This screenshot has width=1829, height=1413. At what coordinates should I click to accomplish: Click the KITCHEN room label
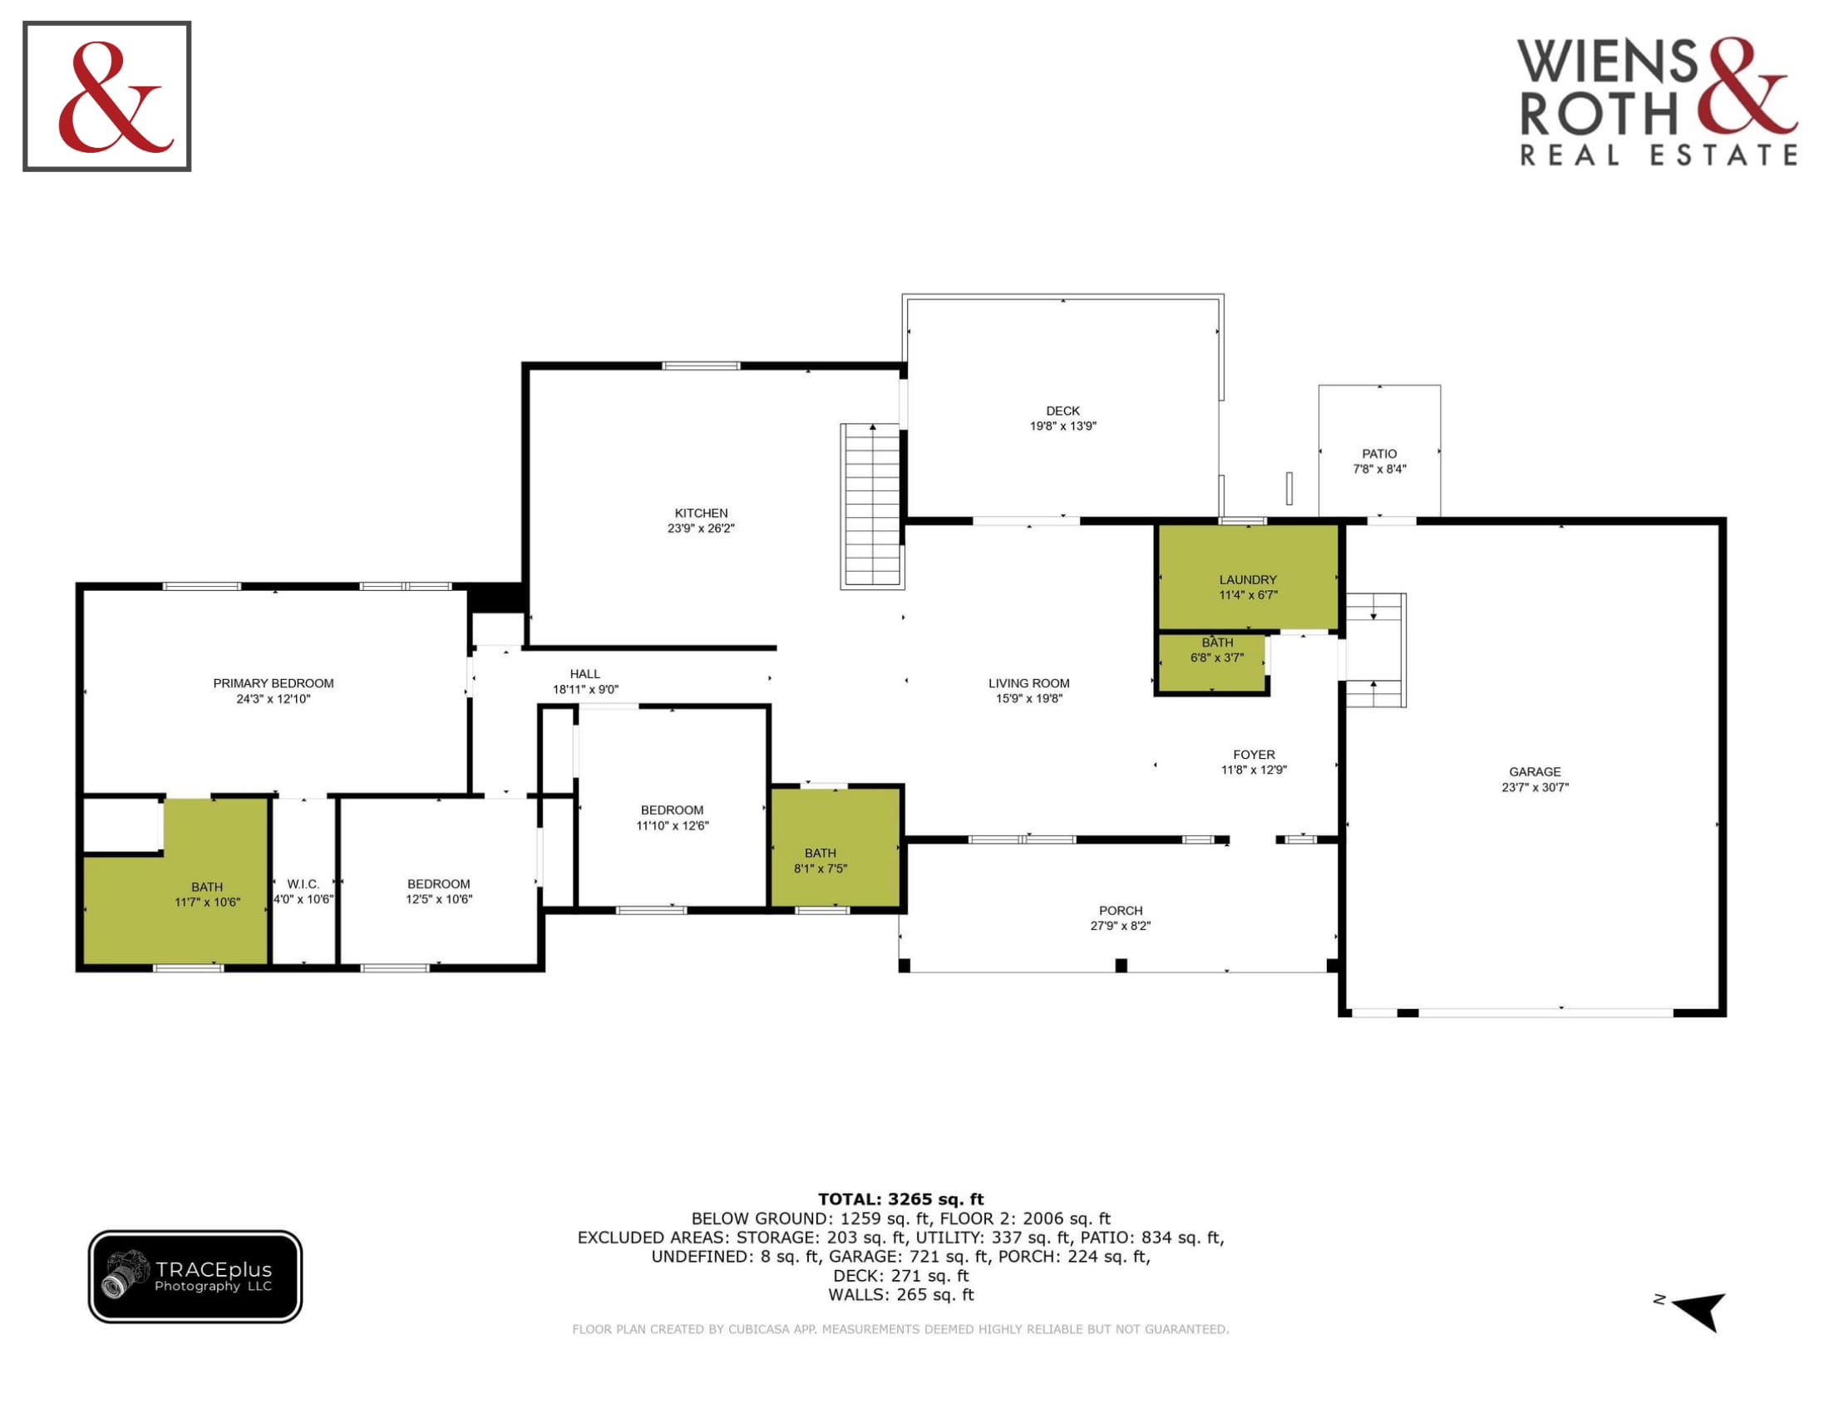(x=701, y=513)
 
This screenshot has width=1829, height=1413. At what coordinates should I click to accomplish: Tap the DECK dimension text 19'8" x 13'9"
(x=1062, y=426)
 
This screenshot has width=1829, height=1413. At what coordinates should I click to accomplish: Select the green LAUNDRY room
(x=1248, y=577)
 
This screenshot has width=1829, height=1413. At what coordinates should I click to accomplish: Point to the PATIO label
(x=1379, y=454)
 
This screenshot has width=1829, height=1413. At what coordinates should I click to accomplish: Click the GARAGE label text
(x=1535, y=772)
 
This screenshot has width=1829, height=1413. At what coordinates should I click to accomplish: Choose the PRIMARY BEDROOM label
(x=273, y=683)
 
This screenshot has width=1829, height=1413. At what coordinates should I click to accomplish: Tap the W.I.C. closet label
(x=303, y=884)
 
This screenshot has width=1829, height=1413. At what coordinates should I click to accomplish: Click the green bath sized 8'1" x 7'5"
(x=836, y=847)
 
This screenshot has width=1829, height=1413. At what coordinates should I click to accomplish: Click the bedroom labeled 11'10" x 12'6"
(x=673, y=808)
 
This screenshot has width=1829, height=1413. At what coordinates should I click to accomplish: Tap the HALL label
(x=584, y=674)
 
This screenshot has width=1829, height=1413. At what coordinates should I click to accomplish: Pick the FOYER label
(x=1254, y=754)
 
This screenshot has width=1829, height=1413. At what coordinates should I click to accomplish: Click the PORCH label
(x=1121, y=911)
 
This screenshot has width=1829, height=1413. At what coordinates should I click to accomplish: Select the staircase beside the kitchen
(x=872, y=505)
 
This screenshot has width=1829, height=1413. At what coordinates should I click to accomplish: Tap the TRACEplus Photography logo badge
(x=195, y=1276)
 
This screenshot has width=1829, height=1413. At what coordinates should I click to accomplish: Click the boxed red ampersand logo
(x=107, y=96)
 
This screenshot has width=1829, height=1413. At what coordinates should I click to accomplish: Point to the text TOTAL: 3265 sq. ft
(x=900, y=1199)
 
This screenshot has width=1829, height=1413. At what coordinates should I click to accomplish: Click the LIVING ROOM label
(x=1028, y=683)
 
